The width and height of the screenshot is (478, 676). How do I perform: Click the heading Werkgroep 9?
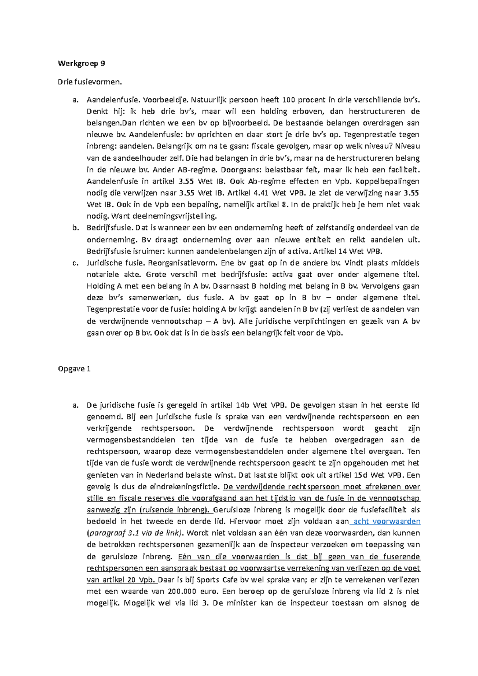(x=81, y=63)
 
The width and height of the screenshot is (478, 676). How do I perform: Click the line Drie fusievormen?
(x=90, y=82)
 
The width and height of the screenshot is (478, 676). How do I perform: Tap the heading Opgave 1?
(x=74, y=369)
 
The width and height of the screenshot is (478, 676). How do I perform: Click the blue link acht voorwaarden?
(x=387, y=522)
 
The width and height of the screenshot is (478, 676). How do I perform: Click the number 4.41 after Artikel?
(x=261, y=193)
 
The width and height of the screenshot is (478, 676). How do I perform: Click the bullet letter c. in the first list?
(x=75, y=263)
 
